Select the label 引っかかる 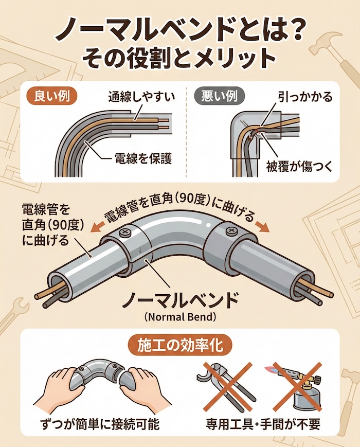[305, 97]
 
